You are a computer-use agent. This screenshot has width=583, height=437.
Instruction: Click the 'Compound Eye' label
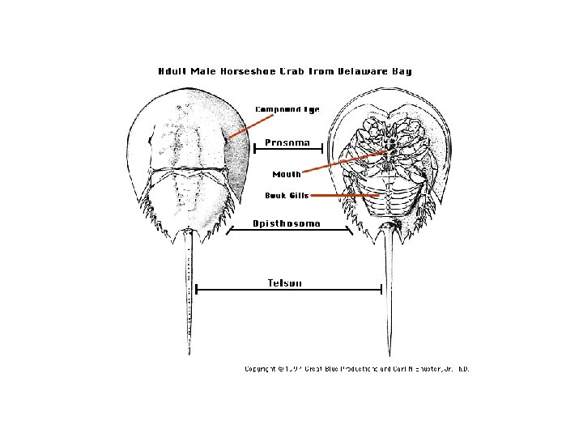(x=287, y=109)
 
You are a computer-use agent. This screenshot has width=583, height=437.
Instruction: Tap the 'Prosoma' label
(x=287, y=142)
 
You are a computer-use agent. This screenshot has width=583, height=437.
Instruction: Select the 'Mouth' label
(x=286, y=174)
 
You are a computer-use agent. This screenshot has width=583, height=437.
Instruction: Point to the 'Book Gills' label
(x=286, y=195)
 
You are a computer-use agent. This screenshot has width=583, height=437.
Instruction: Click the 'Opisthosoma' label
(x=287, y=223)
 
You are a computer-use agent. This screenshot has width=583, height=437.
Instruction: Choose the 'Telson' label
(x=285, y=282)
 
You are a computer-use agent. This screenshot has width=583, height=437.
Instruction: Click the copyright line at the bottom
(x=357, y=369)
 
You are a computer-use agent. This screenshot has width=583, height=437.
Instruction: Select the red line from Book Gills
(x=345, y=195)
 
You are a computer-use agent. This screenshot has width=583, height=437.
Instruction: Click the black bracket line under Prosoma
(x=288, y=148)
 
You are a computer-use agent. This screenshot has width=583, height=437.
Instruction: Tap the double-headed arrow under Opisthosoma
(x=288, y=231)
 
